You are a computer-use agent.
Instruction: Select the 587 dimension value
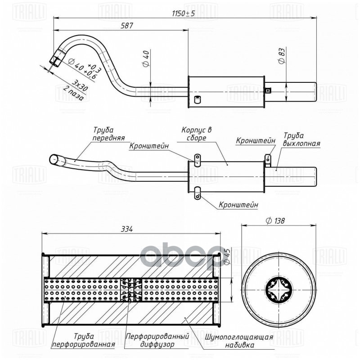127,26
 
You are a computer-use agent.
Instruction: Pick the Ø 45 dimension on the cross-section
227,256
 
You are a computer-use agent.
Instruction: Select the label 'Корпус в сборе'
196,134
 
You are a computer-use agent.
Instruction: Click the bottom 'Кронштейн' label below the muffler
238,205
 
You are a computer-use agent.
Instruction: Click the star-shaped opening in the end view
277,288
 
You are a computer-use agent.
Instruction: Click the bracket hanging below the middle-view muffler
196,196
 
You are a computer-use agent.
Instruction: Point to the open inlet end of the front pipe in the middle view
53,159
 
